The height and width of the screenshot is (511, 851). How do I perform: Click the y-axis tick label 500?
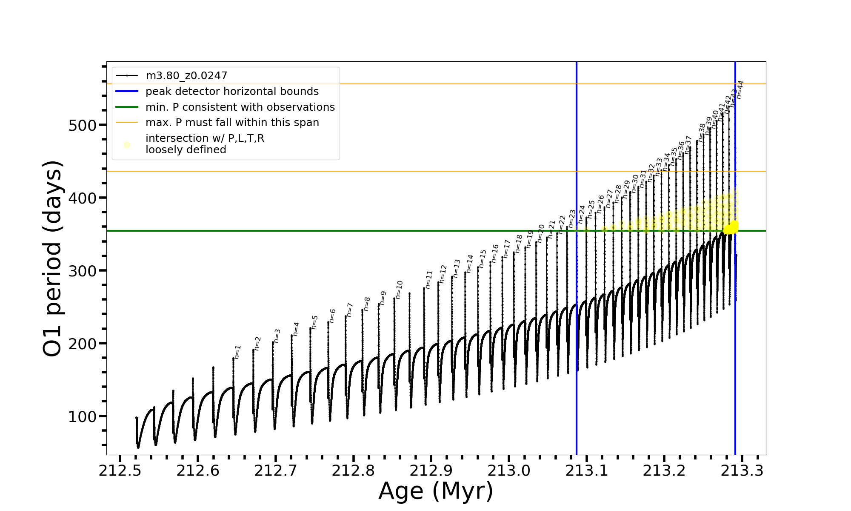point(83,125)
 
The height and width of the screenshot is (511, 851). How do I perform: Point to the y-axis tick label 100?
point(83,416)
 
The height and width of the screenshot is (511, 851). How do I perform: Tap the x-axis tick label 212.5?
point(120,471)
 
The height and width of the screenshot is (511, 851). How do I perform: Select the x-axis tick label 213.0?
point(509,471)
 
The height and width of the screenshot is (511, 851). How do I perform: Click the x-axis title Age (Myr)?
point(436,491)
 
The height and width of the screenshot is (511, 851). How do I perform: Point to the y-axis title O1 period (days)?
point(53,258)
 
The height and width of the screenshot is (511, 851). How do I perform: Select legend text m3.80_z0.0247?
point(186,76)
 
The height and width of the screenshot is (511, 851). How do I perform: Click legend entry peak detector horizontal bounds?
point(232,92)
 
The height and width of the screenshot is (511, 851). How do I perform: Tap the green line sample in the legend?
point(127,107)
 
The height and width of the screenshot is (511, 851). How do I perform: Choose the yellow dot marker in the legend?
point(127,145)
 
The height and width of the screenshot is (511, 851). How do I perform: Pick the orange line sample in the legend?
point(127,123)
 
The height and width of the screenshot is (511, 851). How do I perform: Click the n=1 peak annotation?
point(238,352)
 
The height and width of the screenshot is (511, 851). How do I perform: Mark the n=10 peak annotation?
point(399,290)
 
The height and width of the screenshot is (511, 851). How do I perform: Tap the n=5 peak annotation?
point(314,322)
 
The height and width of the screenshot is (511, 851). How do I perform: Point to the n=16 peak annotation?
point(495,253)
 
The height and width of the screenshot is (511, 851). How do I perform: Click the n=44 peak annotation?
point(740,89)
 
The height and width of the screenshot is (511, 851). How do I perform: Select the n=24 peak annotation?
point(582,214)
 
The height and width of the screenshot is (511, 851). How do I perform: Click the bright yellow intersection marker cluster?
point(731,228)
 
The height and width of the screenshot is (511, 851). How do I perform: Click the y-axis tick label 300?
point(83,271)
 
